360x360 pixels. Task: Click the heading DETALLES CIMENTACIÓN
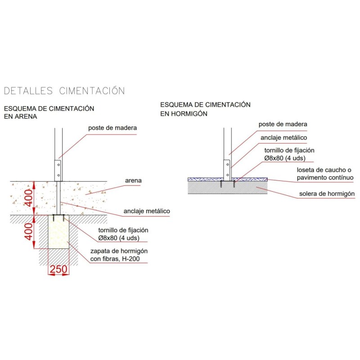[x=64, y=91]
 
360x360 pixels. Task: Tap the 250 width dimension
[x=58, y=269]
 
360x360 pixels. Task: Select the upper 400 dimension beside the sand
[x=29, y=198]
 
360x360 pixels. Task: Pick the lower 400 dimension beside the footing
[x=29, y=232]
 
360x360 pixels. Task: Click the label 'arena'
[x=133, y=180]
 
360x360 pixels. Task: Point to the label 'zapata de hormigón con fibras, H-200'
[x=119, y=255]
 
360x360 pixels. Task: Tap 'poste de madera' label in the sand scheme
[x=112, y=128]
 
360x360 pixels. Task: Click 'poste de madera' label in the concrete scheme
[x=283, y=124]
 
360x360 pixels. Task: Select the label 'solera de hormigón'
[x=327, y=194]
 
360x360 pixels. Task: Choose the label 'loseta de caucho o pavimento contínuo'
[x=325, y=174]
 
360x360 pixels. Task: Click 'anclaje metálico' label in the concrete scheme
[x=284, y=138]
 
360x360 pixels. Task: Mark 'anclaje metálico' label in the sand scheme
[x=147, y=211]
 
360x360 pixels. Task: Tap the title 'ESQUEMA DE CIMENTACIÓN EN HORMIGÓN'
[x=205, y=109]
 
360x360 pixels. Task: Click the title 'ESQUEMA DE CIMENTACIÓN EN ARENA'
[x=49, y=112]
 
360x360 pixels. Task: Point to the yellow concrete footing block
[x=58, y=232]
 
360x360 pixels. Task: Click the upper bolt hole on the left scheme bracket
[x=58, y=165]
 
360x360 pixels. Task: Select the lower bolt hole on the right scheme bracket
[x=228, y=175]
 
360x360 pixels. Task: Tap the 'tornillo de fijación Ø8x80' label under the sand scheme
[x=123, y=234]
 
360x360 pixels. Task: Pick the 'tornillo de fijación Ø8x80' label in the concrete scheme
[x=289, y=154]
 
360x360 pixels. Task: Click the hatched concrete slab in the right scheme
[x=228, y=188]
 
